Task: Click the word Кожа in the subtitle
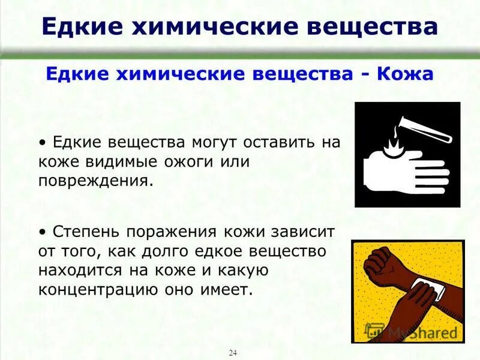click(405, 74)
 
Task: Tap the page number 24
click(233, 352)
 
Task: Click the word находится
click(79, 271)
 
